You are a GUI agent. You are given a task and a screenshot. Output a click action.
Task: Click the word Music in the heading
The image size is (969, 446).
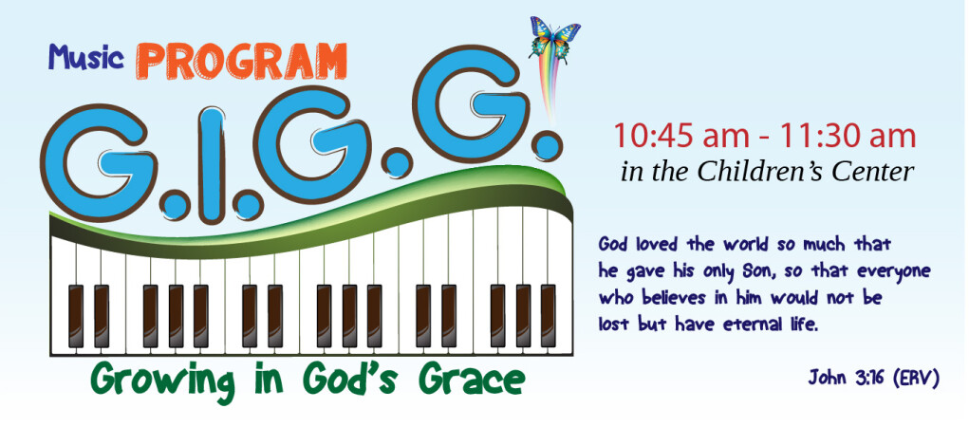point(86,57)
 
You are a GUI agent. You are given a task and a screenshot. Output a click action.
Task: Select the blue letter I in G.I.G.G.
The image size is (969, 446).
point(212,165)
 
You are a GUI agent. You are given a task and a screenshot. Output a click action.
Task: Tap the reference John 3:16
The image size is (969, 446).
point(848,377)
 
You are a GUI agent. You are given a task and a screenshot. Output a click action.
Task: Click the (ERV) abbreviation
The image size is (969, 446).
point(917,378)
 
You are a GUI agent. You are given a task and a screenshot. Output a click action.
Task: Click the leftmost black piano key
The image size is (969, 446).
point(75,316)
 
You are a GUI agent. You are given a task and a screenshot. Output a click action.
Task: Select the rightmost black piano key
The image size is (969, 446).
point(548,316)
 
